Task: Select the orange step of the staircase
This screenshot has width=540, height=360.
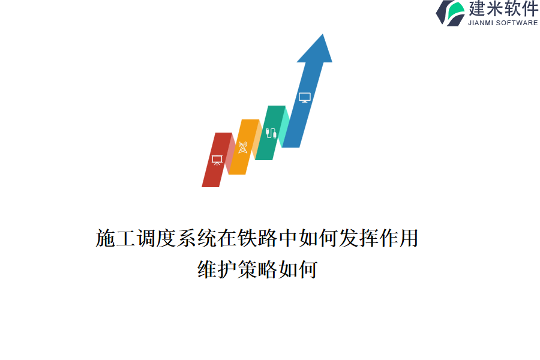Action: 244,147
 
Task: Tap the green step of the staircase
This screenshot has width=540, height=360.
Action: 271,133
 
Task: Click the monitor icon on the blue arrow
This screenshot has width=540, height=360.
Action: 305,97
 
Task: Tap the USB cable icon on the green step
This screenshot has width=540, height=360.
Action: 271,133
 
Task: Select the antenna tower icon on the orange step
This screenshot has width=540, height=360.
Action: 243,148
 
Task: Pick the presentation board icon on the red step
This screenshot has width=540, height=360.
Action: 217,160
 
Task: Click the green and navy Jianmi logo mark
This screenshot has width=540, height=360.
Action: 451,13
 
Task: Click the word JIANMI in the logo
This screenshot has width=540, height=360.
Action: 481,23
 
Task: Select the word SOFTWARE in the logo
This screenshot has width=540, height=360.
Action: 517,23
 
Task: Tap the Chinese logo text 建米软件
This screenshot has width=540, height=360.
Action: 503,9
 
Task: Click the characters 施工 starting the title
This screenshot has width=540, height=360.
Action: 115,238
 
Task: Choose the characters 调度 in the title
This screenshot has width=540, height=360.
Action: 156,238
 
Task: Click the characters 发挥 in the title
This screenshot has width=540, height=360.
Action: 359,238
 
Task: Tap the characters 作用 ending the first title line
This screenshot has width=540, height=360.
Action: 399,238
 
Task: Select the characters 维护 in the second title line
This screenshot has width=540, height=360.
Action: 217,269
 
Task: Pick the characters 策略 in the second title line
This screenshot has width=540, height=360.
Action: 257,269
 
